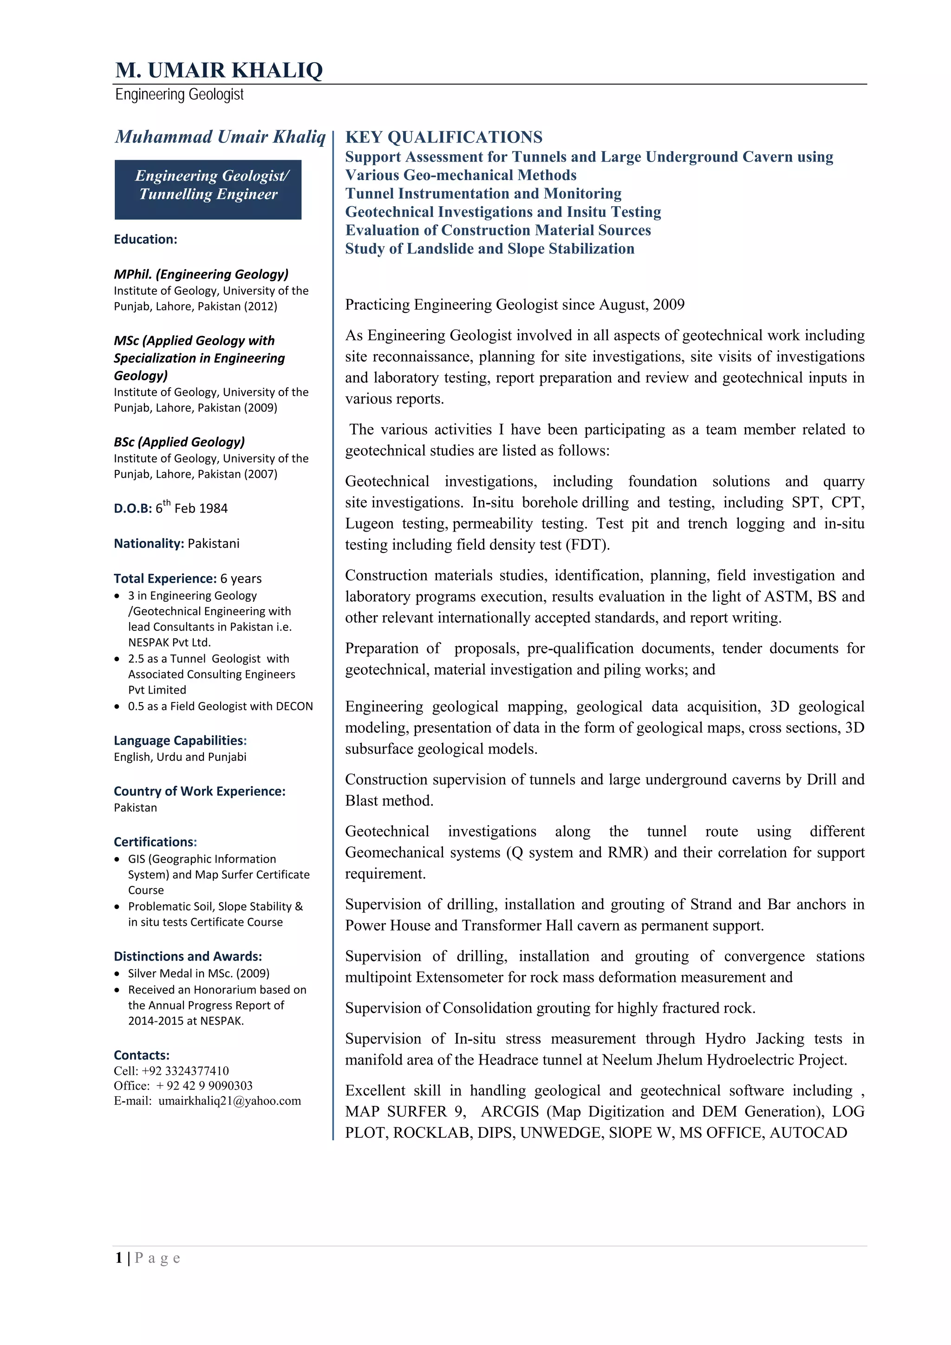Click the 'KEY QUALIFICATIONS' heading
443,137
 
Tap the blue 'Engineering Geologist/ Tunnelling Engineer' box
208,189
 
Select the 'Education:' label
145,239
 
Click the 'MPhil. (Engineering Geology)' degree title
201,274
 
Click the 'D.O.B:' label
132,508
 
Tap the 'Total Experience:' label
165,579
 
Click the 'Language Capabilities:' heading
180,741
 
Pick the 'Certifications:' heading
155,842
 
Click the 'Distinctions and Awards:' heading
188,956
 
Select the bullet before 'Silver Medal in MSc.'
117,974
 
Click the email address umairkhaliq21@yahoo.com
230,1101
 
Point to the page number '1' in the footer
119,1258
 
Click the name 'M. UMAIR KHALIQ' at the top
219,70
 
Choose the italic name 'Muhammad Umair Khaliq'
220,137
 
